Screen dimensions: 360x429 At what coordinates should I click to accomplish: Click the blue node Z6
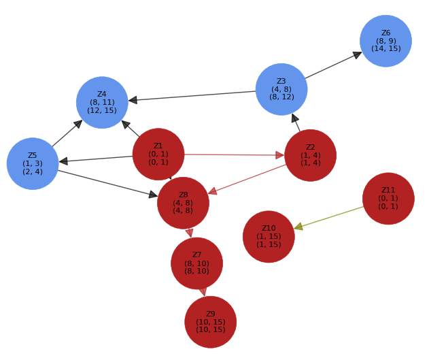coord(385,41)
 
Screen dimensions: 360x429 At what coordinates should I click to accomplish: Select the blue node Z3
coord(281,89)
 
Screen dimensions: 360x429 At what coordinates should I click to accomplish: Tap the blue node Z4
coord(102,103)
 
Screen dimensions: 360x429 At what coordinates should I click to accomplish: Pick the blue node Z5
coord(33,164)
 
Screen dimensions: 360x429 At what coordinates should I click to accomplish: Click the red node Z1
coord(158,154)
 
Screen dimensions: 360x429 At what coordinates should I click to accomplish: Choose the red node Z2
coord(310,155)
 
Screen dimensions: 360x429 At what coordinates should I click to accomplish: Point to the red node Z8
coord(183,203)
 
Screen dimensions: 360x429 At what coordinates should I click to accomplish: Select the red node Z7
coord(196,263)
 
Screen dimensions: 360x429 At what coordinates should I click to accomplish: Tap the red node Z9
coord(210,322)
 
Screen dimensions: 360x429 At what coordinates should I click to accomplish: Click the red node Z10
coord(269,237)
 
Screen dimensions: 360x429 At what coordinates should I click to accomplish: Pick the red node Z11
coord(388,199)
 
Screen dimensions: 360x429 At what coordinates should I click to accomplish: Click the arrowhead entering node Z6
coord(358,54)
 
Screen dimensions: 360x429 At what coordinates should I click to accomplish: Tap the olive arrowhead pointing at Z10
coord(298,227)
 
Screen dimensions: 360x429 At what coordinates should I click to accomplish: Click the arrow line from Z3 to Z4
coord(197,95)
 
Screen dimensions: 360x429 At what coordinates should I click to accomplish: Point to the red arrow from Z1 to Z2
coord(231,154)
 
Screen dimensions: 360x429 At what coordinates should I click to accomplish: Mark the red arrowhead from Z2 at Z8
coord(213,191)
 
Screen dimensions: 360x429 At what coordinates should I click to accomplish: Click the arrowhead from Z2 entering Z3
coord(294,118)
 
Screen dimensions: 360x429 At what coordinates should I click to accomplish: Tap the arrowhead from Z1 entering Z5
coord(63,161)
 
